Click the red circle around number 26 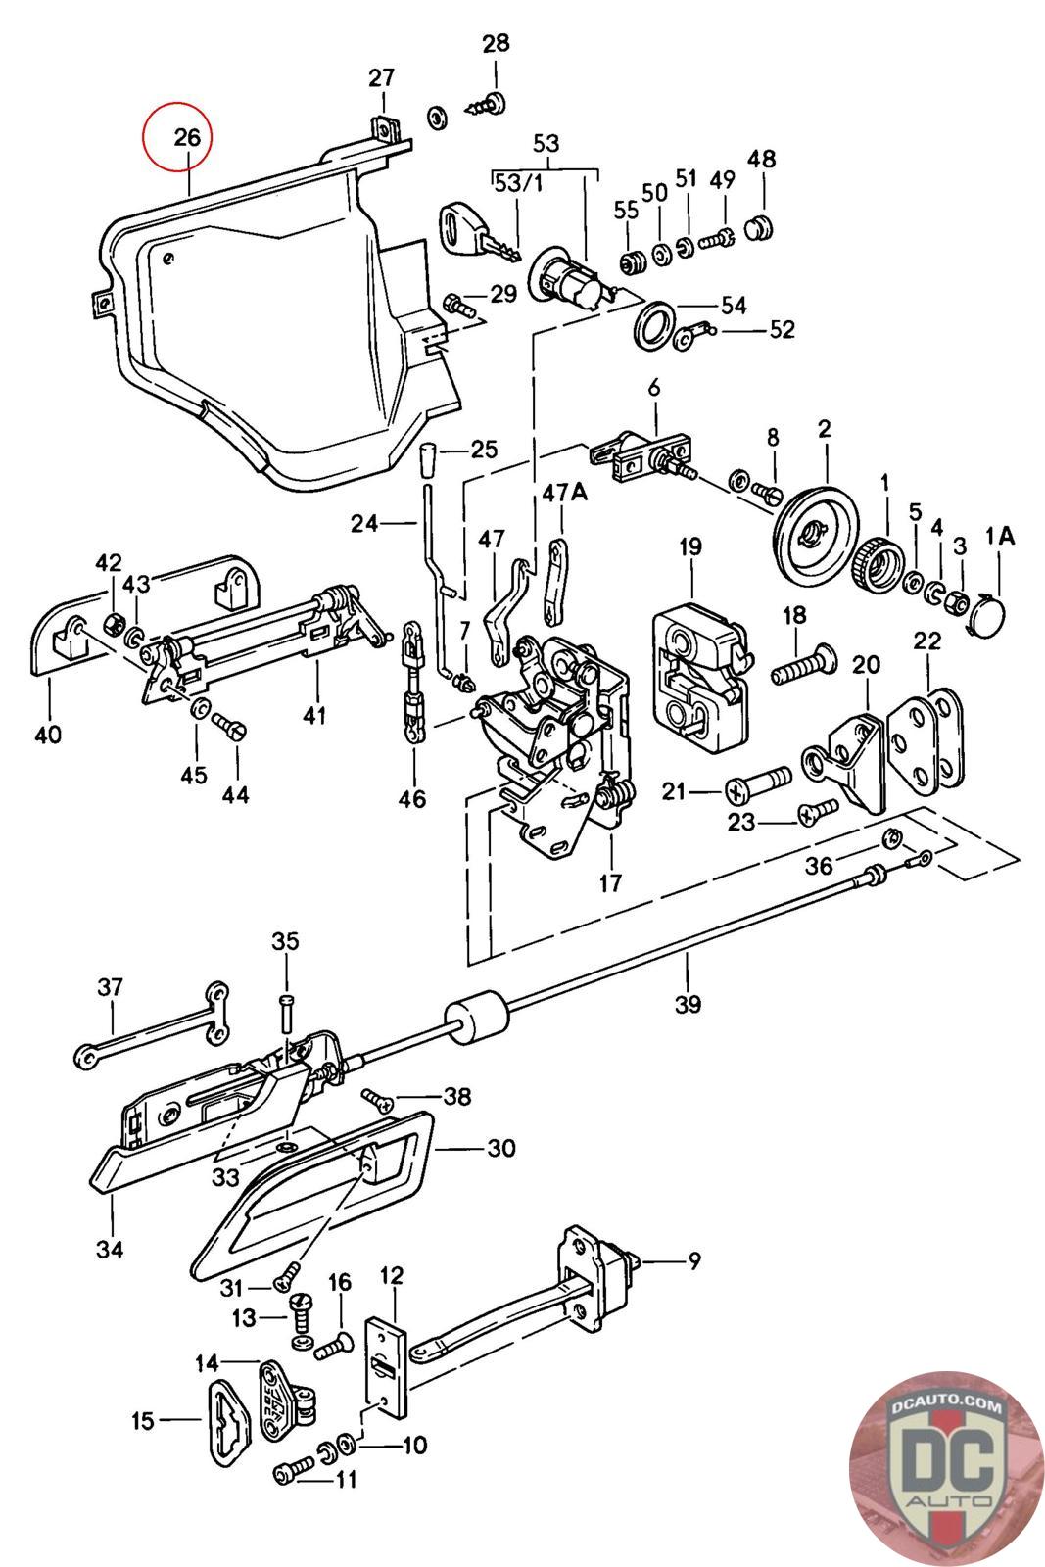(x=176, y=136)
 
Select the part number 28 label (x=496, y=43)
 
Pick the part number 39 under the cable (x=688, y=1005)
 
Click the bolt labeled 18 (x=804, y=665)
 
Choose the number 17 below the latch (x=610, y=883)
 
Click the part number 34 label (x=110, y=1249)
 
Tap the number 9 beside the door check (x=693, y=1260)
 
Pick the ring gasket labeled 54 (x=654, y=323)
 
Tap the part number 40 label (x=48, y=734)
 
